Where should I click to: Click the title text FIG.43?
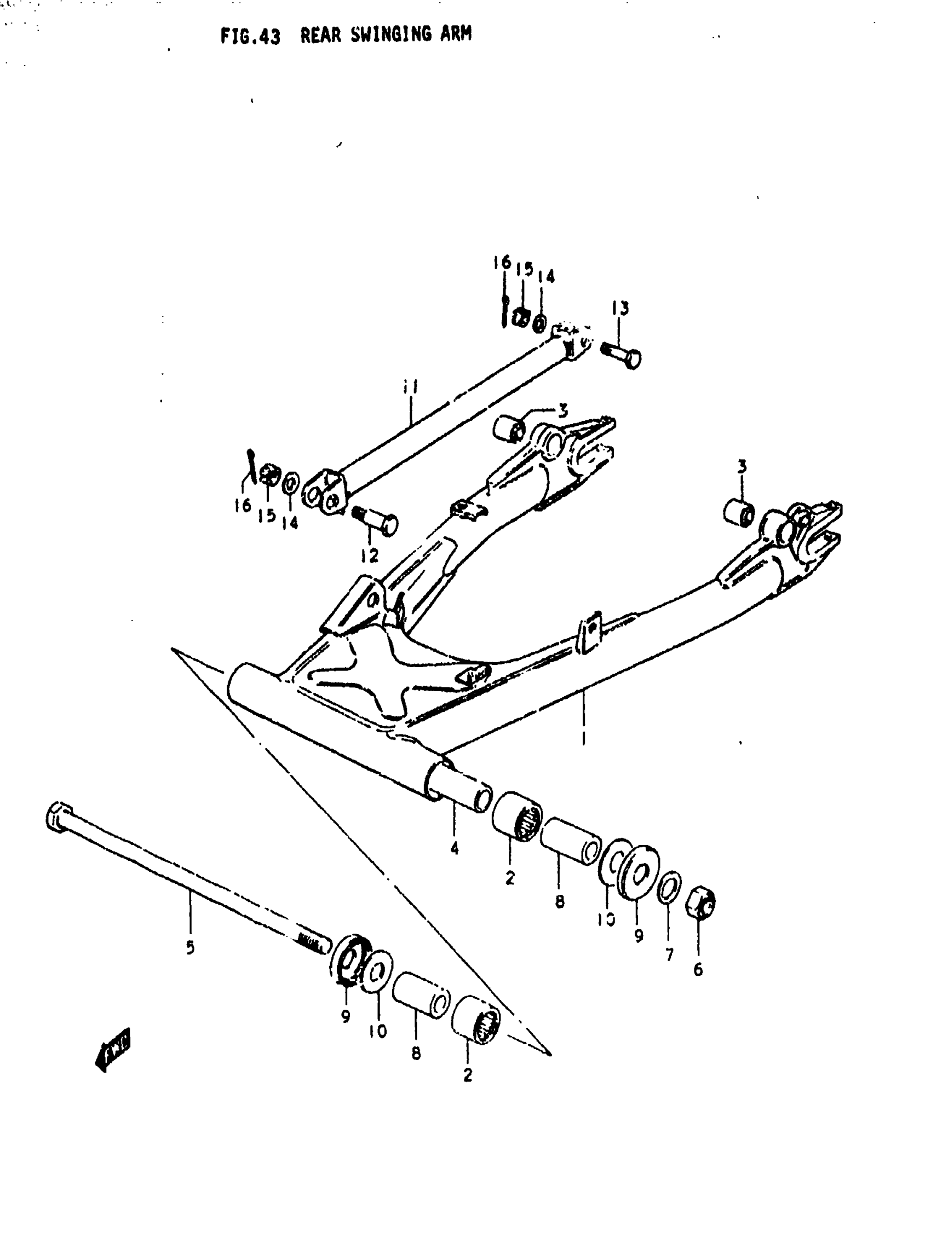[250, 37]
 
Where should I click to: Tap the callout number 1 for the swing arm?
[584, 738]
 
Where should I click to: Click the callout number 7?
[670, 954]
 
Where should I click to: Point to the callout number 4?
[455, 848]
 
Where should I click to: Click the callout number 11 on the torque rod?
[410, 387]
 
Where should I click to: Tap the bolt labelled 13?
[621, 355]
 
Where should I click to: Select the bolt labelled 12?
[375, 519]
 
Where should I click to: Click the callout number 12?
[370, 557]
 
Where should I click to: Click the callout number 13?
[620, 308]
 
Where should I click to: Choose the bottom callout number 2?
[468, 1075]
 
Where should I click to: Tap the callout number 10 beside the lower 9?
[377, 1031]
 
